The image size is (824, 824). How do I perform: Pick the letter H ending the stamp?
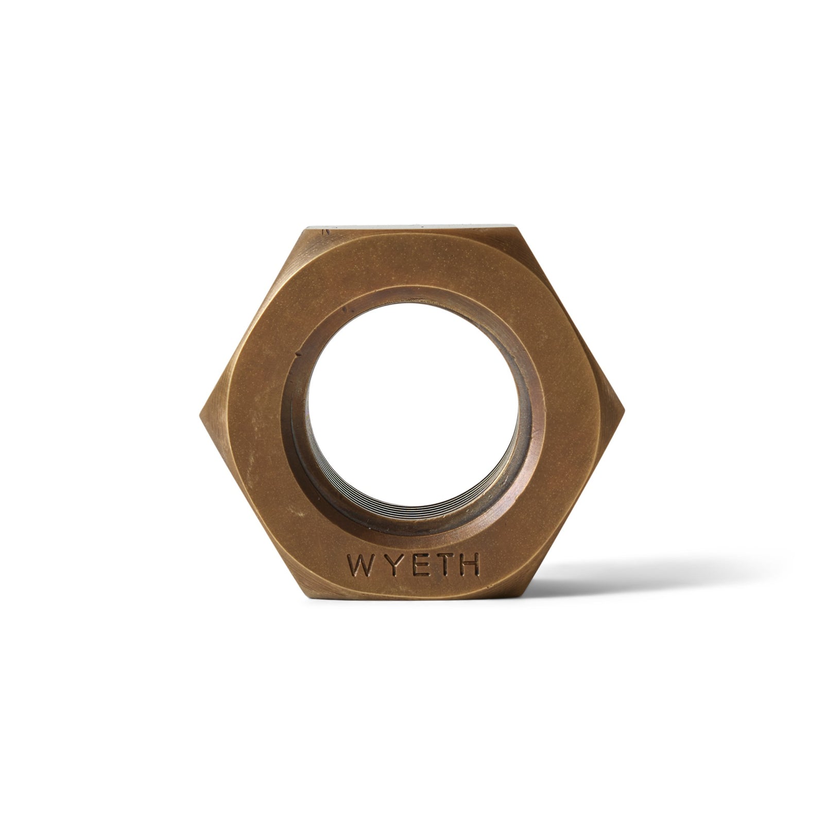click(470, 566)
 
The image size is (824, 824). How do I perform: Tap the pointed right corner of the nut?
click(624, 412)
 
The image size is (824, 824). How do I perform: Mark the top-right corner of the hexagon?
click(517, 226)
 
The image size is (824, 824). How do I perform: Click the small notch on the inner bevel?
click(298, 354)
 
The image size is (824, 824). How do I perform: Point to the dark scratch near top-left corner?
click(325, 232)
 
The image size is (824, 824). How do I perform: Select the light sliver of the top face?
click(412, 225)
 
